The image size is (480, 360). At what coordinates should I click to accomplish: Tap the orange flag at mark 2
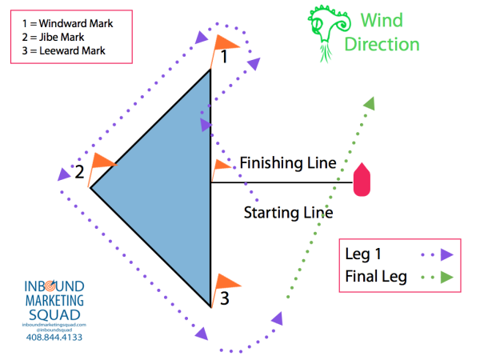click(103, 160)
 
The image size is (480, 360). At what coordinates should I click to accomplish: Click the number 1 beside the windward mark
click(225, 57)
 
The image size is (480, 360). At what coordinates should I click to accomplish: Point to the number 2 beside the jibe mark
click(79, 173)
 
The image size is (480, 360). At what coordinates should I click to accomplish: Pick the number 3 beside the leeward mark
click(226, 299)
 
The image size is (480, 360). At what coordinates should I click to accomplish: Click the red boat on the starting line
click(362, 180)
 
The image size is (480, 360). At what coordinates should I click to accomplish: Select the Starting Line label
click(288, 213)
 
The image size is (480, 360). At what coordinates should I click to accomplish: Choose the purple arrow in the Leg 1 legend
click(445, 254)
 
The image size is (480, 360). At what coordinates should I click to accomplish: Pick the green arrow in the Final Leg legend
click(445, 278)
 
